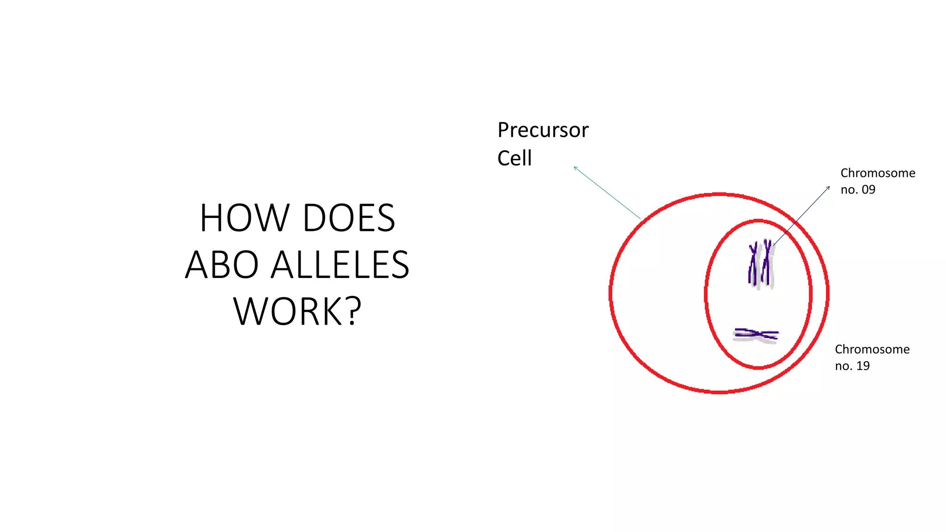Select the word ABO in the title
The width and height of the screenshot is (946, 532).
(222, 265)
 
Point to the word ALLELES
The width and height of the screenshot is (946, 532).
(340, 265)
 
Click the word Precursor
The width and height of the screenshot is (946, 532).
(543, 130)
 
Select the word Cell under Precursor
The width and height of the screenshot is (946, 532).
(515, 158)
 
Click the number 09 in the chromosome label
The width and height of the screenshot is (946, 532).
(868, 190)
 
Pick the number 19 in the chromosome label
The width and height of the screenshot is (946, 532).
(863, 366)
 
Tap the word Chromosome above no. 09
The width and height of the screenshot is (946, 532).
(878, 173)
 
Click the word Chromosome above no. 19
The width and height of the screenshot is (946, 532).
(872, 350)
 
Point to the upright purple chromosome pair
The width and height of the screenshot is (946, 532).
(760, 264)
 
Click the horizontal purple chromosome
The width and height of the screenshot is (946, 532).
(756, 335)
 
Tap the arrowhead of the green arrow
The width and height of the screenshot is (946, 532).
(575, 168)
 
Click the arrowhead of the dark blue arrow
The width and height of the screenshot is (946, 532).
(829, 187)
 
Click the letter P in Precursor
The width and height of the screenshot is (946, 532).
(503, 130)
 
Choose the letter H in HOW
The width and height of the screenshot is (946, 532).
(211, 218)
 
